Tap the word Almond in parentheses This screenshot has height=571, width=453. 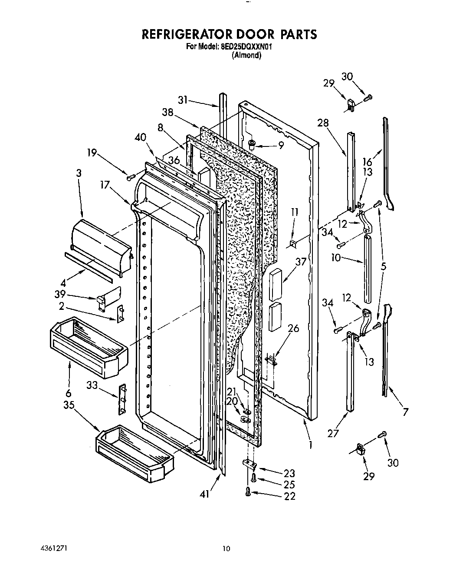point(246,55)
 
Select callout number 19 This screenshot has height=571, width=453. point(92,153)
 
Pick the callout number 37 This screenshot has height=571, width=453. point(301,262)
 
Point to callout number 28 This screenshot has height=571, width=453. point(323,123)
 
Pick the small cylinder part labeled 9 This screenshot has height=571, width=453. point(252,144)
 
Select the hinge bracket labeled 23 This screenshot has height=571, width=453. point(249,465)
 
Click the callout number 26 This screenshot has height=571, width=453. point(293,328)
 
